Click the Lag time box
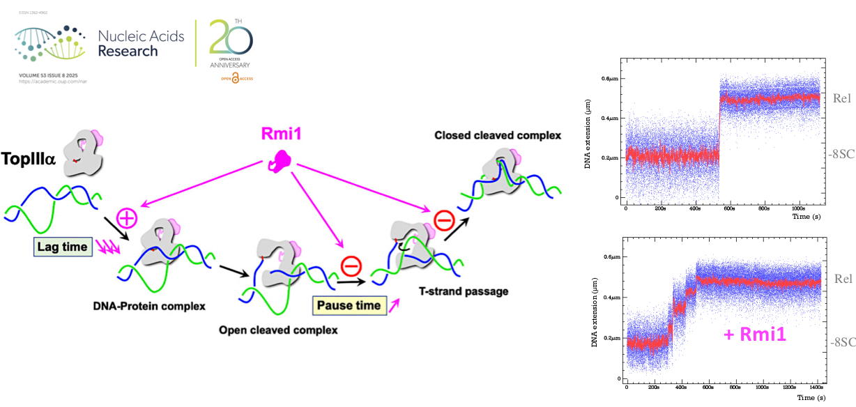click(x=63, y=246)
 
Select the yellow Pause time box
click(x=349, y=305)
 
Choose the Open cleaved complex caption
click(x=278, y=329)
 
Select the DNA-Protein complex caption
click(x=151, y=305)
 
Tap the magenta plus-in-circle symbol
click(x=127, y=218)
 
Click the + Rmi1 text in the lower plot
click(x=755, y=334)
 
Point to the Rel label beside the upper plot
click(x=841, y=98)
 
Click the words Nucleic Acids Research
click(x=142, y=43)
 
